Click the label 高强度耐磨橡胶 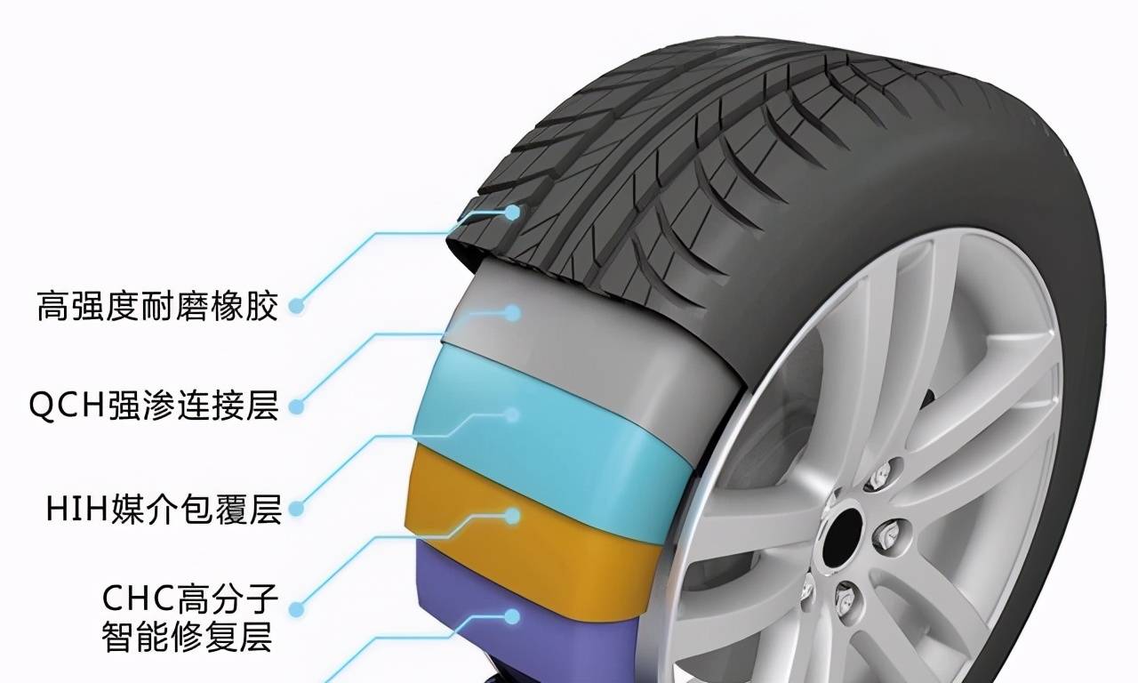157,306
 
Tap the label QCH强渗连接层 154,406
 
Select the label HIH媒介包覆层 164,509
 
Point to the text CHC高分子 190,599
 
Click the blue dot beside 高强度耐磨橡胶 297,306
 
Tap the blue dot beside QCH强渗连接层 297,406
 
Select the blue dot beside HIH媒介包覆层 297,508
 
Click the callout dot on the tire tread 513,213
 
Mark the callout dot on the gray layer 513,313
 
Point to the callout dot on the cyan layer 513,415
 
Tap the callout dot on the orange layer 513,517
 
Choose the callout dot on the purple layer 513,617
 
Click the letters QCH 68,406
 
